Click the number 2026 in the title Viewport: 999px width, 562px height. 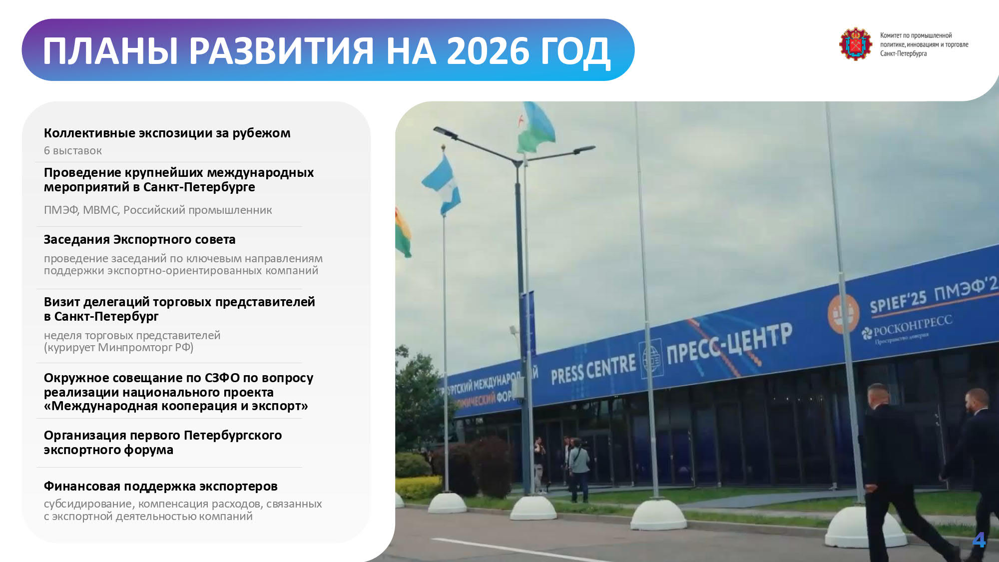tap(487, 51)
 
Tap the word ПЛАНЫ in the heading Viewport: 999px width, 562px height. tap(110, 51)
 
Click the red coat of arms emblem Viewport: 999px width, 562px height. tap(855, 44)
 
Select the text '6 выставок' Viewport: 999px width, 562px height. tap(73, 150)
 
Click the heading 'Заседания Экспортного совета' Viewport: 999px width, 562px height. tap(139, 240)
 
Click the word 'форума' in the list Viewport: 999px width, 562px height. tap(148, 450)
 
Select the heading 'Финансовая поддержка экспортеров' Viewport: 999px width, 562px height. tap(161, 486)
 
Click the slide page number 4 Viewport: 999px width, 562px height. tap(979, 540)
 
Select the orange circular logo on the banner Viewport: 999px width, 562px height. tap(843, 314)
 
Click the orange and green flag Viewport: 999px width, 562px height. tap(403, 232)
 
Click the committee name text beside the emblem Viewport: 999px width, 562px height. tap(924, 44)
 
